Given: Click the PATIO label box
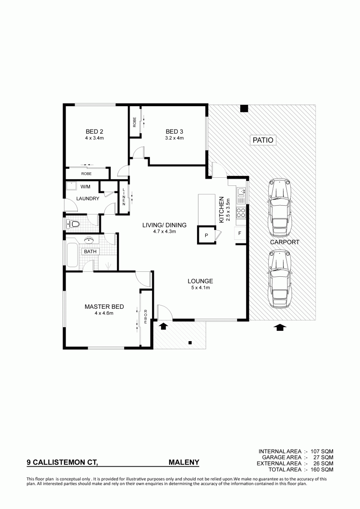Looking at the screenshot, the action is (263, 140).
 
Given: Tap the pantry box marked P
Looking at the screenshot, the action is (206, 235).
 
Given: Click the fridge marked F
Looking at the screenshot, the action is (240, 234).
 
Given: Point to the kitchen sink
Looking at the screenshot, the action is (241, 193).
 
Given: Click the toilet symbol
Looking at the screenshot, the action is (72, 224).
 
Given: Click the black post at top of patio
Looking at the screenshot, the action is (244, 108).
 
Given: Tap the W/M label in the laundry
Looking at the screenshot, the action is (85, 187).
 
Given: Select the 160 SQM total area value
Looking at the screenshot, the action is (322, 469).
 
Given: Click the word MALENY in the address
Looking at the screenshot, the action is (184, 462).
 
